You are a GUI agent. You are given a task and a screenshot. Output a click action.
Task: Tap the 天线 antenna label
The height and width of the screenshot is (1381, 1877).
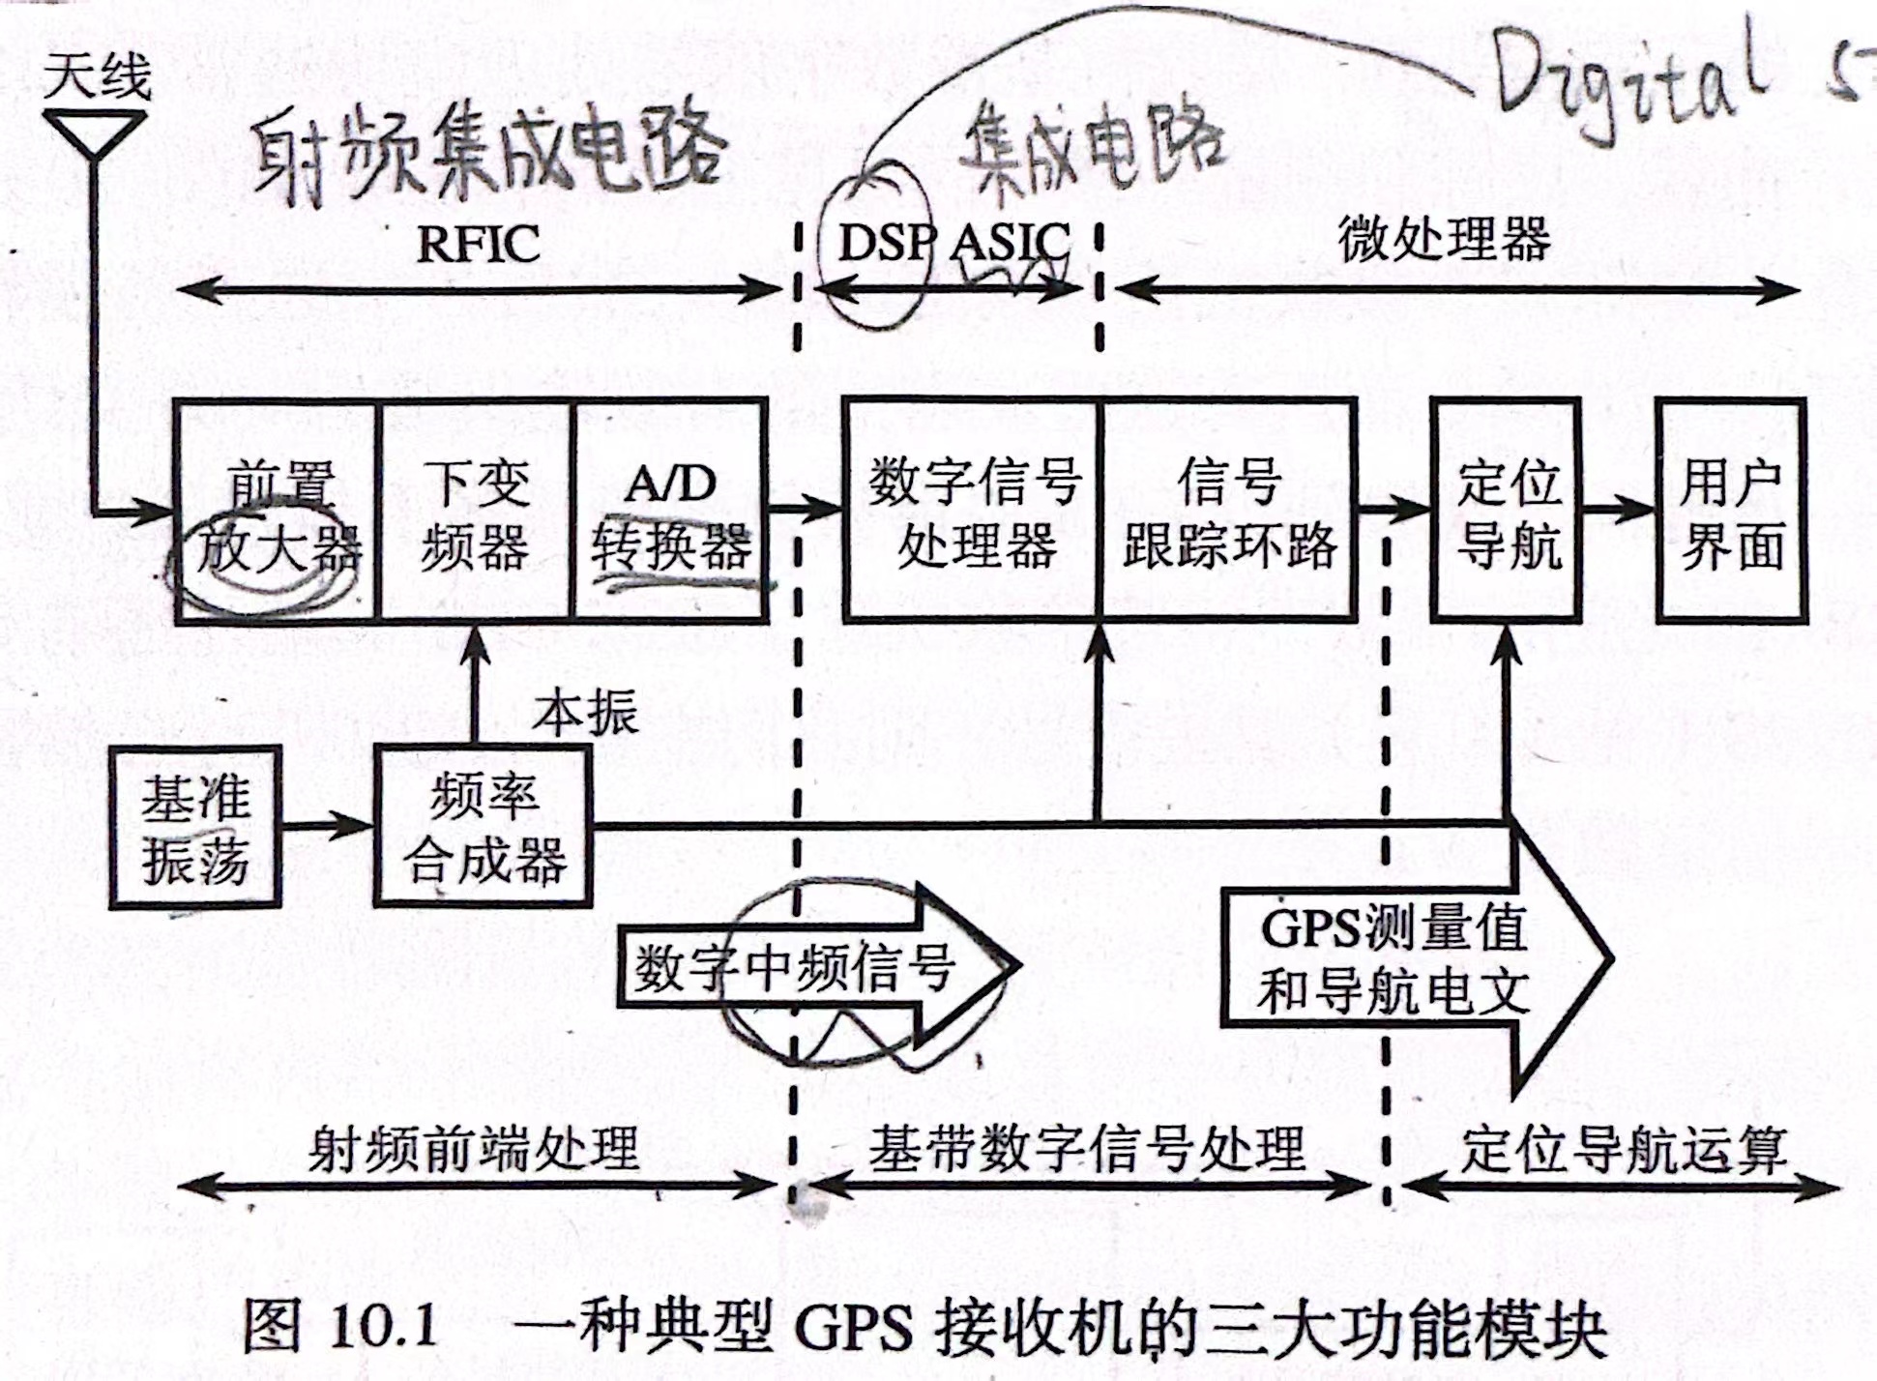(x=98, y=77)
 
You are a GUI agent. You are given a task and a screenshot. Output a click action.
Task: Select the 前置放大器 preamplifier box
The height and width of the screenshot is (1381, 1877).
(x=279, y=513)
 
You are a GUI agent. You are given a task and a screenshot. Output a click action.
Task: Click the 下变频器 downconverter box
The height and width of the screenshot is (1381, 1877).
(x=476, y=513)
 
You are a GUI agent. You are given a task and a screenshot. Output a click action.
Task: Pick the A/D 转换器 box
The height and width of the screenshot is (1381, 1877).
(x=671, y=513)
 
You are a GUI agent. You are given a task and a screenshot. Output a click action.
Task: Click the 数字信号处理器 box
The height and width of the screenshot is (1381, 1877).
(x=973, y=513)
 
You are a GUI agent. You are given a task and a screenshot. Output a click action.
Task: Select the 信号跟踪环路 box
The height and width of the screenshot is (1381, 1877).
(x=1229, y=513)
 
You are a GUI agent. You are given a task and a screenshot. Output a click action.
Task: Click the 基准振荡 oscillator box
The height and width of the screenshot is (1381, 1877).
(x=195, y=828)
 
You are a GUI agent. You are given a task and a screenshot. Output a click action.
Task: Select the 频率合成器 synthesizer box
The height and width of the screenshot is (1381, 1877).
(x=484, y=828)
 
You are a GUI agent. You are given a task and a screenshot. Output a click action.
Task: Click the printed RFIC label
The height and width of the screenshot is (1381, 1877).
(x=478, y=243)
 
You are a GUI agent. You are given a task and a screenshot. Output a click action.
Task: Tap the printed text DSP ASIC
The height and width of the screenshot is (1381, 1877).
(x=953, y=243)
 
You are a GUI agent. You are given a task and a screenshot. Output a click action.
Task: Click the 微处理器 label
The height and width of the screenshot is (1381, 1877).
(x=1444, y=238)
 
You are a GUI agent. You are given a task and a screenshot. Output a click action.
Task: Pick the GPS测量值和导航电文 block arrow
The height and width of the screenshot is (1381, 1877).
(x=1402, y=957)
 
